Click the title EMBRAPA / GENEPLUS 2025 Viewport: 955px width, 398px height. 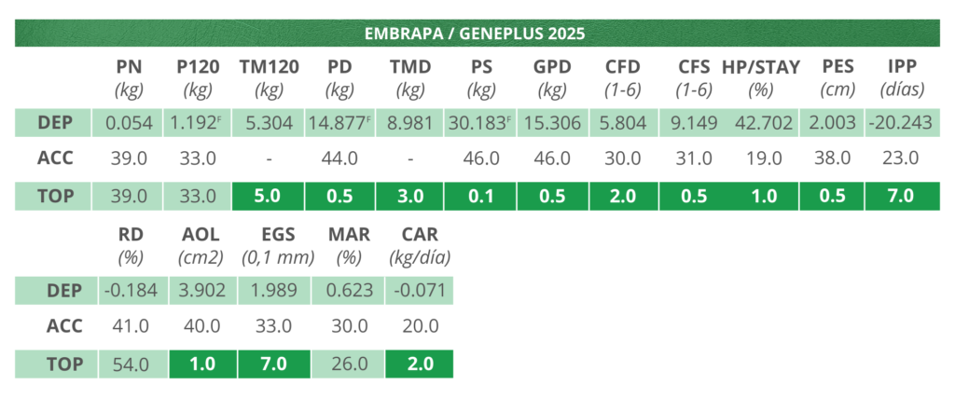(476, 34)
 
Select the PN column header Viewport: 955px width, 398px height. (129, 67)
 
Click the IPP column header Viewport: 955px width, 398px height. (901, 67)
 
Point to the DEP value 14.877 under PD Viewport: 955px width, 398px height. (339, 123)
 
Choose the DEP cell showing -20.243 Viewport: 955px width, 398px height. (901, 123)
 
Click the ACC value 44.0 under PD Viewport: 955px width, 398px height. (339, 158)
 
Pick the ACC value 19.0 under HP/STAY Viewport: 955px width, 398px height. (764, 158)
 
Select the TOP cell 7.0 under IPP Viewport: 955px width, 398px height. (901, 196)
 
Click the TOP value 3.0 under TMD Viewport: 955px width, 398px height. (409, 196)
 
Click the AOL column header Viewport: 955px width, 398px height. (198, 235)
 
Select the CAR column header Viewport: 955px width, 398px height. (419, 235)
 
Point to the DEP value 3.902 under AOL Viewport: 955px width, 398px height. (198, 290)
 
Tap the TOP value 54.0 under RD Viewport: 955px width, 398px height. (129, 364)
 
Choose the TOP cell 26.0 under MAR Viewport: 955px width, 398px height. (349, 364)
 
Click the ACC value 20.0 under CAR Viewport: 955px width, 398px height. (419, 326)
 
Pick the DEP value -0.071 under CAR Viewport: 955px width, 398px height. (419, 290)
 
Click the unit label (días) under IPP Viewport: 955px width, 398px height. (901, 90)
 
